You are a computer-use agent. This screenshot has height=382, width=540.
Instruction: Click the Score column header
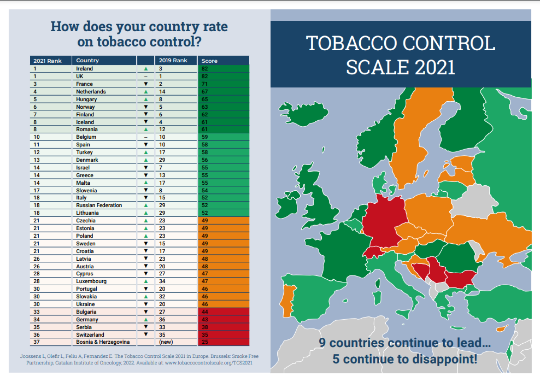(210, 61)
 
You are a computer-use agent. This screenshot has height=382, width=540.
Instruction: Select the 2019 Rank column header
(173, 61)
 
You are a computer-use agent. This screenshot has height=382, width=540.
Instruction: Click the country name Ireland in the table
(84, 69)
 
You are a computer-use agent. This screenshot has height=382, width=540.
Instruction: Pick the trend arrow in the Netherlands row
(146, 92)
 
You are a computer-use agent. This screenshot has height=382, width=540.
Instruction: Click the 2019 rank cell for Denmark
(162, 160)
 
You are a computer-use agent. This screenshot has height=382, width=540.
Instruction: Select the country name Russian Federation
(99, 205)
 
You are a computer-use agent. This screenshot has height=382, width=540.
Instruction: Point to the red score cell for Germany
(223, 319)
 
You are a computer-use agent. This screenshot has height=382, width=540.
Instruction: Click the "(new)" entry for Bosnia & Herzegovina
(166, 342)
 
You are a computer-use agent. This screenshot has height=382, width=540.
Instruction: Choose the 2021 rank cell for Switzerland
(37, 335)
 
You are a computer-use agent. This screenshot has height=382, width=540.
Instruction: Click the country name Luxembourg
(91, 281)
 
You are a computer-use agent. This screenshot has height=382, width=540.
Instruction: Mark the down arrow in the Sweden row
(146, 243)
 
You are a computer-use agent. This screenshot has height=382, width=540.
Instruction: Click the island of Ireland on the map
(288, 206)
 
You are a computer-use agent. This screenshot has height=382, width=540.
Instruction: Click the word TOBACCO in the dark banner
(352, 44)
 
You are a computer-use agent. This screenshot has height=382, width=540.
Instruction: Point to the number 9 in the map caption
(322, 343)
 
